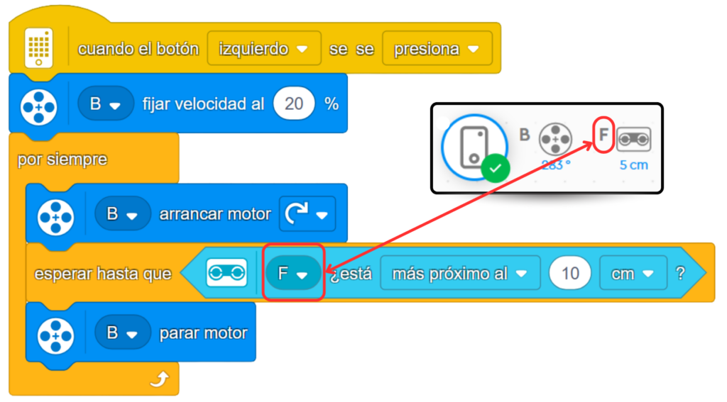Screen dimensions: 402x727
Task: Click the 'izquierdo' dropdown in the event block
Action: (263, 49)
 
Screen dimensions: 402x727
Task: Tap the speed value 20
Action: (293, 104)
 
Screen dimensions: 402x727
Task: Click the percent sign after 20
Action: (331, 104)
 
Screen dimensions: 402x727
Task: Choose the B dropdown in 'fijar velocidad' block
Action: (105, 104)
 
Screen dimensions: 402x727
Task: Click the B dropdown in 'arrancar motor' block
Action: (122, 213)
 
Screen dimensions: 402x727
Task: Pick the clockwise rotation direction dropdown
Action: (307, 213)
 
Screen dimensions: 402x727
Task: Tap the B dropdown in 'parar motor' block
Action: (122, 333)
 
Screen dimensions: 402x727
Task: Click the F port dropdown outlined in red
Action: (293, 273)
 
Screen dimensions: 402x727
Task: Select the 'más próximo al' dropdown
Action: (459, 273)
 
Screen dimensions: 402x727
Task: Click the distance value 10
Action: (570, 273)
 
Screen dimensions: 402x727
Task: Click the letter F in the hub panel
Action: (603, 133)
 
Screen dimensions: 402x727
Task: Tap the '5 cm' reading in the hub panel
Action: (633, 165)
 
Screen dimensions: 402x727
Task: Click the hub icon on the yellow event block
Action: (39, 48)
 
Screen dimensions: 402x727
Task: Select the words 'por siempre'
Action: (62, 159)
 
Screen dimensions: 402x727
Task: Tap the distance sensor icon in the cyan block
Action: (226, 273)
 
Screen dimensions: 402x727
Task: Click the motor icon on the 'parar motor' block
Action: (55, 333)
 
